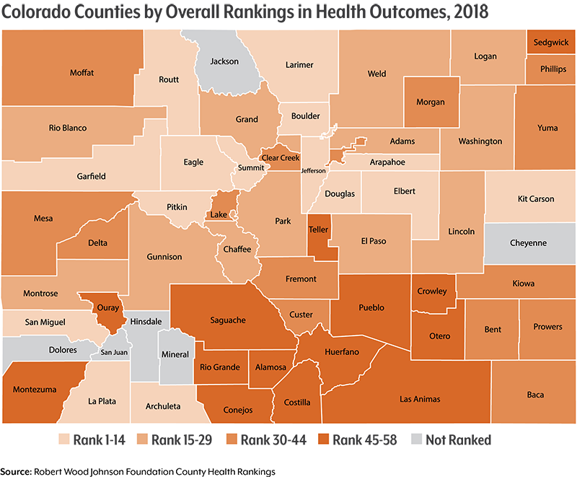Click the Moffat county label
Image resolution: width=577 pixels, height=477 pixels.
[x=82, y=73]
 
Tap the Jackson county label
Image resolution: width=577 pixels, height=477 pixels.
[x=224, y=61]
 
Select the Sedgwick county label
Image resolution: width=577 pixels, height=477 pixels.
[x=551, y=43]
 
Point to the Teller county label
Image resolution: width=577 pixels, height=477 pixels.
[x=318, y=229]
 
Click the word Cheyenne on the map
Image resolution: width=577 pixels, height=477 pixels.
[x=528, y=243]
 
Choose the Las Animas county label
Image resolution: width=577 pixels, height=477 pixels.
[x=420, y=399]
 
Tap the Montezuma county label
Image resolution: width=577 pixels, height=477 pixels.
[x=35, y=390]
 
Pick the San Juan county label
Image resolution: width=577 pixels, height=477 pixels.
[x=113, y=353]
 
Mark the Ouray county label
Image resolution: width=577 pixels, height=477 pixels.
[x=107, y=307]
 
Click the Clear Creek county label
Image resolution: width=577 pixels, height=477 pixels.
[x=280, y=158]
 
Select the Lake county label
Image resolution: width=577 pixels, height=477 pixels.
[x=218, y=215]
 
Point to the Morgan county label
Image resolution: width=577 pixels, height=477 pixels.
[x=430, y=102]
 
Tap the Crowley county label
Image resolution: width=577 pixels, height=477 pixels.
[x=432, y=292]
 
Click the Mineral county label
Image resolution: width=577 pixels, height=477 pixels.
[x=175, y=354]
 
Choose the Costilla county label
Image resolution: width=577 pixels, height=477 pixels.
[x=297, y=403]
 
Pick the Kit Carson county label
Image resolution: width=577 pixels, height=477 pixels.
[x=536, y=199]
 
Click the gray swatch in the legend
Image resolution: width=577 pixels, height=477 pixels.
[x=416, y=437]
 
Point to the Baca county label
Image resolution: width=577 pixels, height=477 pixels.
[x=535, y=395]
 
